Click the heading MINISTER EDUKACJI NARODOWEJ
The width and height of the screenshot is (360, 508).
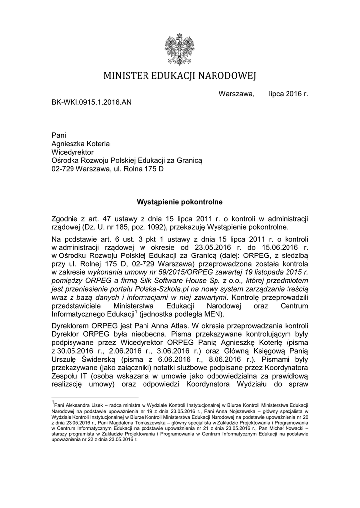(180, 76)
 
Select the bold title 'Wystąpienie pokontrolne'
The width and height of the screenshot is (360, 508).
(179, 202)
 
